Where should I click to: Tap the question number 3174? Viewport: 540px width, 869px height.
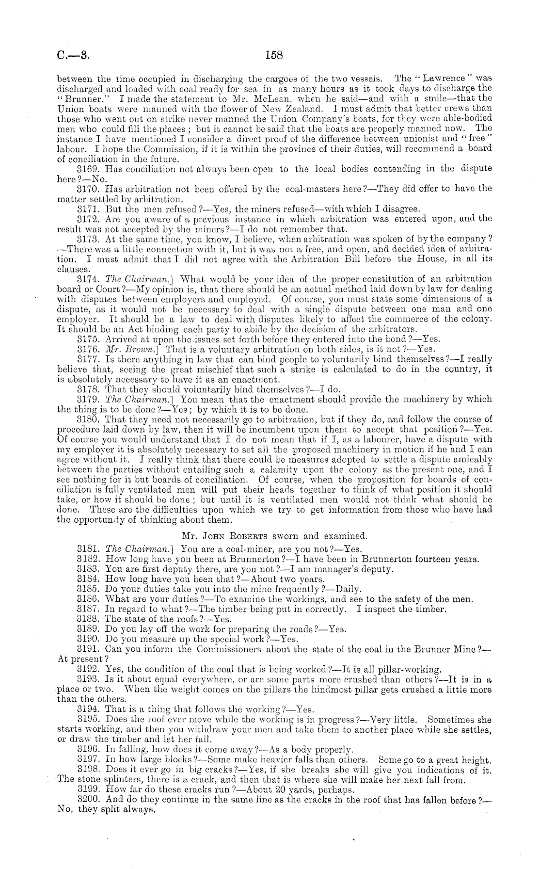[x=89, y=279]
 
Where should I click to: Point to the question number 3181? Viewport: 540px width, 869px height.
[x=89, y=549]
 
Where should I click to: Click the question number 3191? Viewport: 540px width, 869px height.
[x=89, y=649]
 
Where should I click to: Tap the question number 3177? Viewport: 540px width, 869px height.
[x=89, y=359]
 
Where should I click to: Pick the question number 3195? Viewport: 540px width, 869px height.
[x=89, y=720]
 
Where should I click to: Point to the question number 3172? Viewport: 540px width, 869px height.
[x=89, y=219]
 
